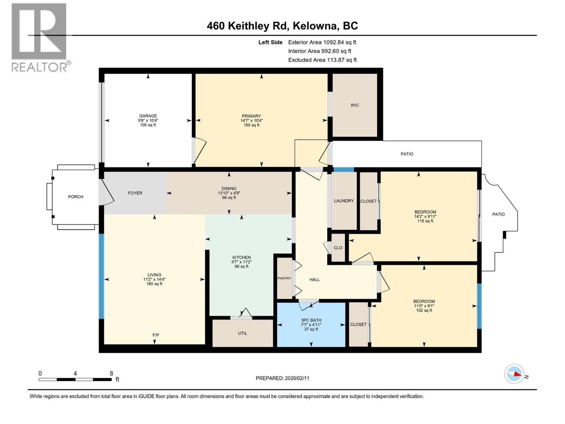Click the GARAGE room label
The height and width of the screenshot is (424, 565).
pos(148,116)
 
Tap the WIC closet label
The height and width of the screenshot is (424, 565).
pos(355,105)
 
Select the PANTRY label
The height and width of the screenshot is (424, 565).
pos(284,278)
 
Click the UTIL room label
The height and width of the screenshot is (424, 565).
pos(243,333)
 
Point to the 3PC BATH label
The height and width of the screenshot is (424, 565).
pos(311,320)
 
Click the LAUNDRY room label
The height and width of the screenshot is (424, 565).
pos(344,201)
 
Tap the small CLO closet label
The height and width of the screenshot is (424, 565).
pos(338,248)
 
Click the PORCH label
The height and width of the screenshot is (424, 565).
pos(76,197)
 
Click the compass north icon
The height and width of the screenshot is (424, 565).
pos(514,374)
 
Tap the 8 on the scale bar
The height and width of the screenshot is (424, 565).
pos(112,373)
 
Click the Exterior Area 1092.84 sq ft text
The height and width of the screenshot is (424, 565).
pos(322,42)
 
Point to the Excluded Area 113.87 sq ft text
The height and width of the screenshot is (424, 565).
pos(322,60)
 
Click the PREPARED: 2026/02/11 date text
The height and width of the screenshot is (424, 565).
pos(282,378)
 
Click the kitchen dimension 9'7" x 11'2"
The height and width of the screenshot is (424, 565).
pos(242,262)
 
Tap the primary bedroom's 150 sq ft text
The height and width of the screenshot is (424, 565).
pos(251,125)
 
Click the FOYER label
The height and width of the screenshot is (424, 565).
pos(135,193)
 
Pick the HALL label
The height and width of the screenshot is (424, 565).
pos(314,279)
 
